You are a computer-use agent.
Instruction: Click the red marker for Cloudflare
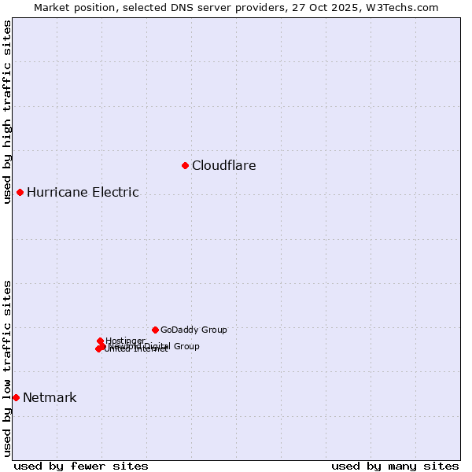tap(186, 165)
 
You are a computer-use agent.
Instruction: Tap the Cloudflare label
tap(224, 165)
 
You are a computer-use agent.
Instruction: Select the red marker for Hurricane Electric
tap(20, 192)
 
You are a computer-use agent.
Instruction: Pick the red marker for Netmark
tap(16, 397)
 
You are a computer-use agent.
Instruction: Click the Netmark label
tap(50, 397)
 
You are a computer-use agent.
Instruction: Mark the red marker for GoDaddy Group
tap(155, 330)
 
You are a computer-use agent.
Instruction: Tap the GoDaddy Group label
tap(194, 330)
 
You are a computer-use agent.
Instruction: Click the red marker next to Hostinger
tap(100, 341)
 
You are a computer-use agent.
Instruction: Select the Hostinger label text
tap(126, 341)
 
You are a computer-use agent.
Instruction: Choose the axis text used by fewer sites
tap(81, 466)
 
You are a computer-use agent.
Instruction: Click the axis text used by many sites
tap(395, 466)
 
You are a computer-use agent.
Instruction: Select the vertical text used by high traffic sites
tap(7, 112)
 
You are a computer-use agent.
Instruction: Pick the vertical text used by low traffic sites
tap(7, 368)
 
